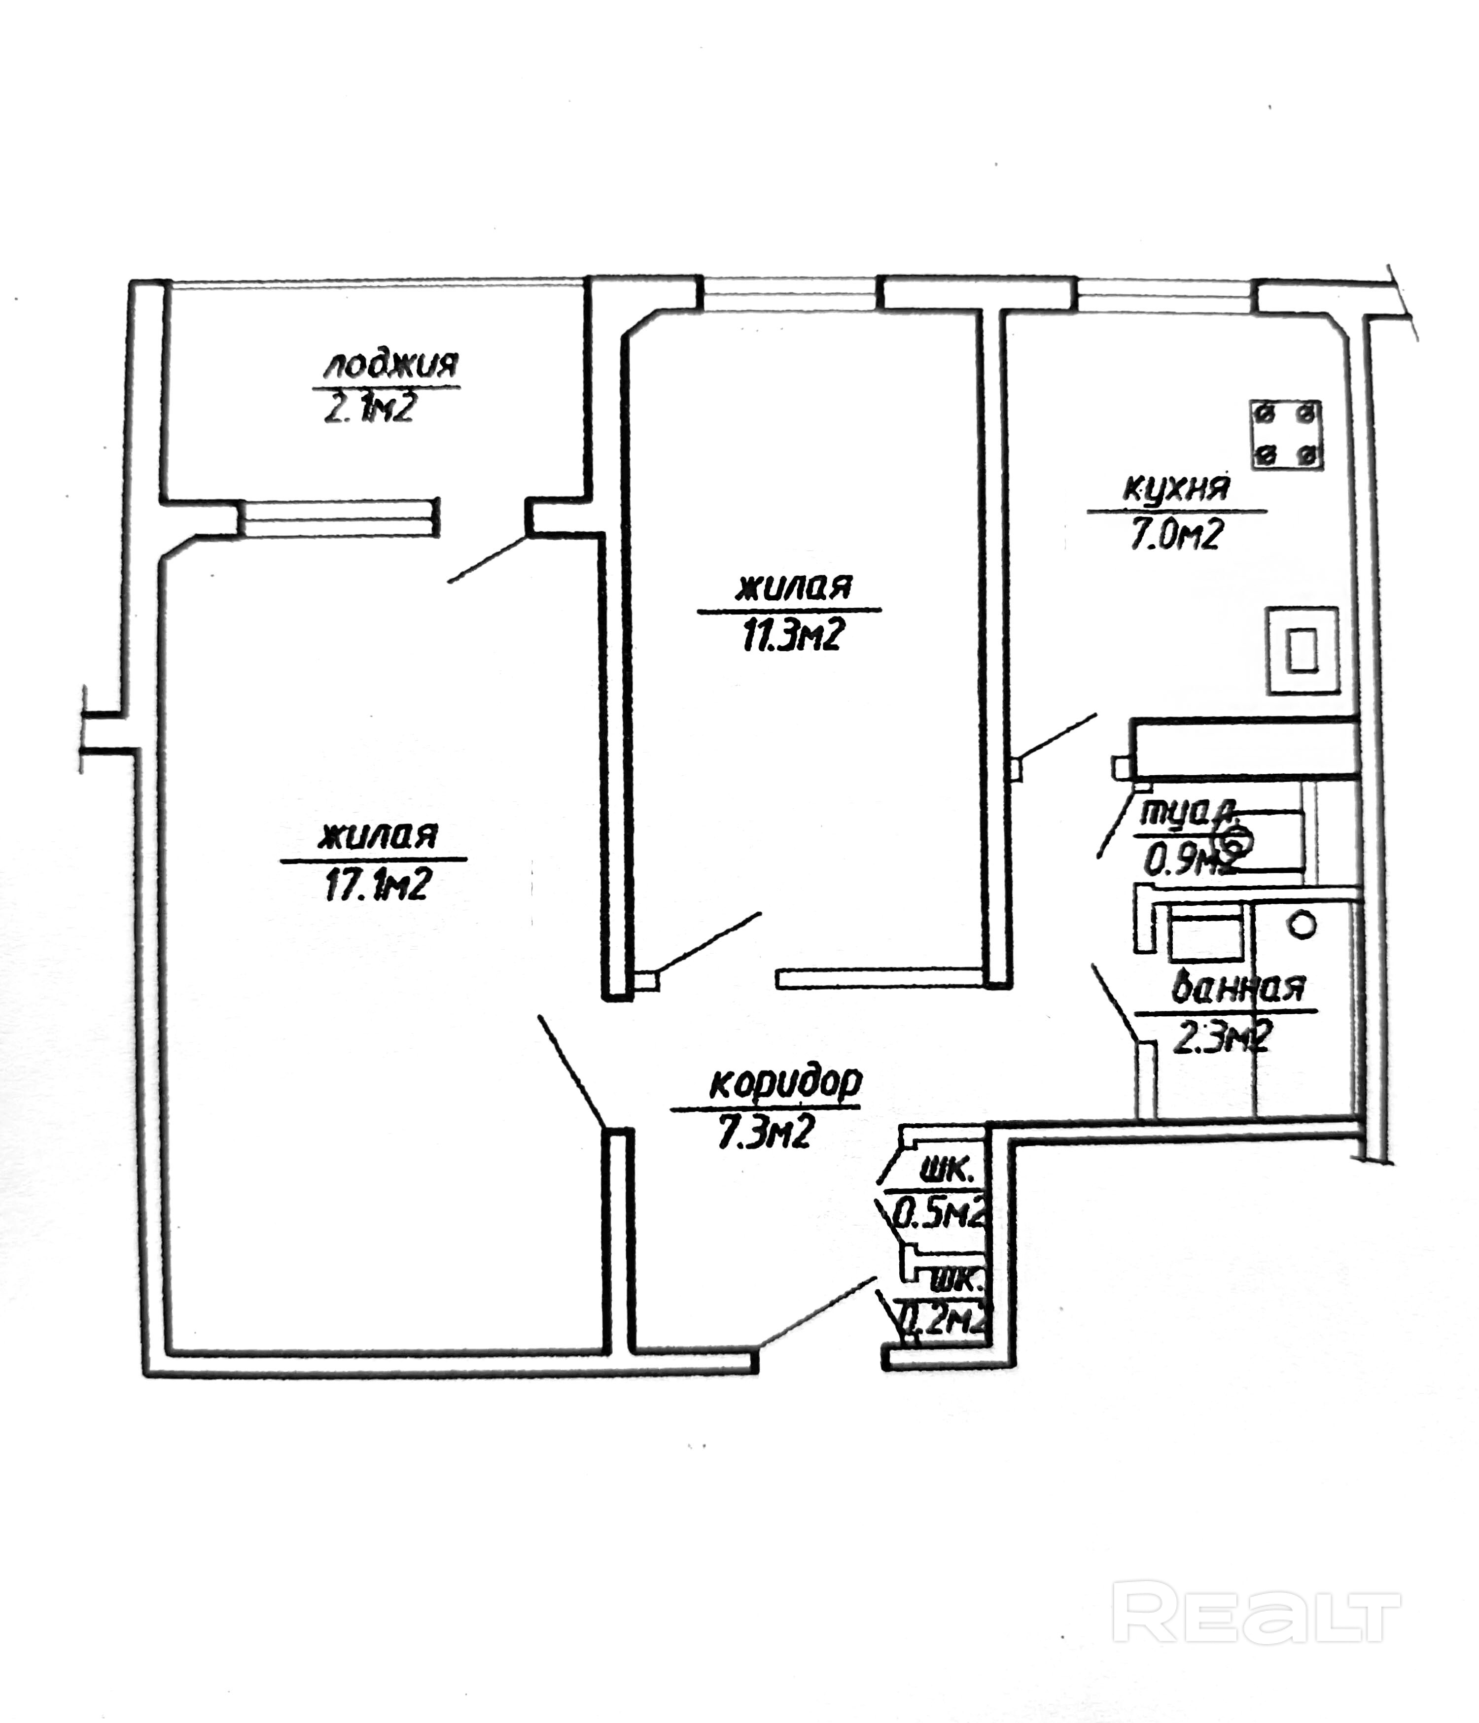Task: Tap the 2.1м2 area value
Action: (368, 408)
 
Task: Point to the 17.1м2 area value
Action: (376, 884)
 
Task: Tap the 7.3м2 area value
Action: (764, 1132)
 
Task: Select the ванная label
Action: (1238, 989)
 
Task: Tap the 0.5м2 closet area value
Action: (938, 1217)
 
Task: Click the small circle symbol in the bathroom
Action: (1302, 925)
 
